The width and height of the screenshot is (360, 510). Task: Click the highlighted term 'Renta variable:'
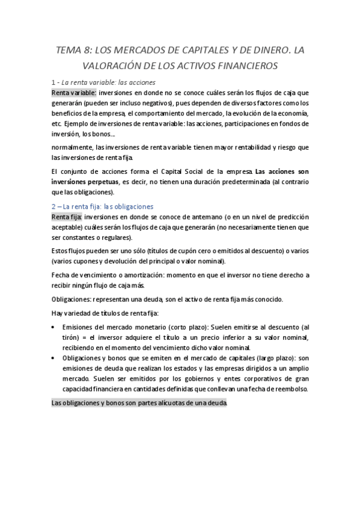coord(73,93)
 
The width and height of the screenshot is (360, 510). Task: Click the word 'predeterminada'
coord(227,181)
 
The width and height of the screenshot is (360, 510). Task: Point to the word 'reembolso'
coord(287,389)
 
